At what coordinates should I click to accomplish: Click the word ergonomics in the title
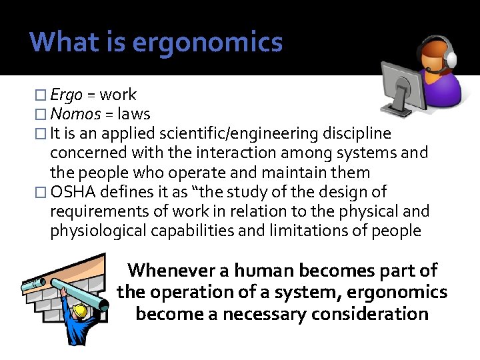click(x=207, y=43)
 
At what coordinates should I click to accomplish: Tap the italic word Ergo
click(x=66, y=95)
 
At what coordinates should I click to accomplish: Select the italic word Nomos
click(x=75, y=114)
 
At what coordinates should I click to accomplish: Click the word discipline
click(x=355, y=134)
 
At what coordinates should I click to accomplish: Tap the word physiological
click(x=101, y=231)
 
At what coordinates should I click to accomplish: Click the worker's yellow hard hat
click(x=81, y=310)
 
